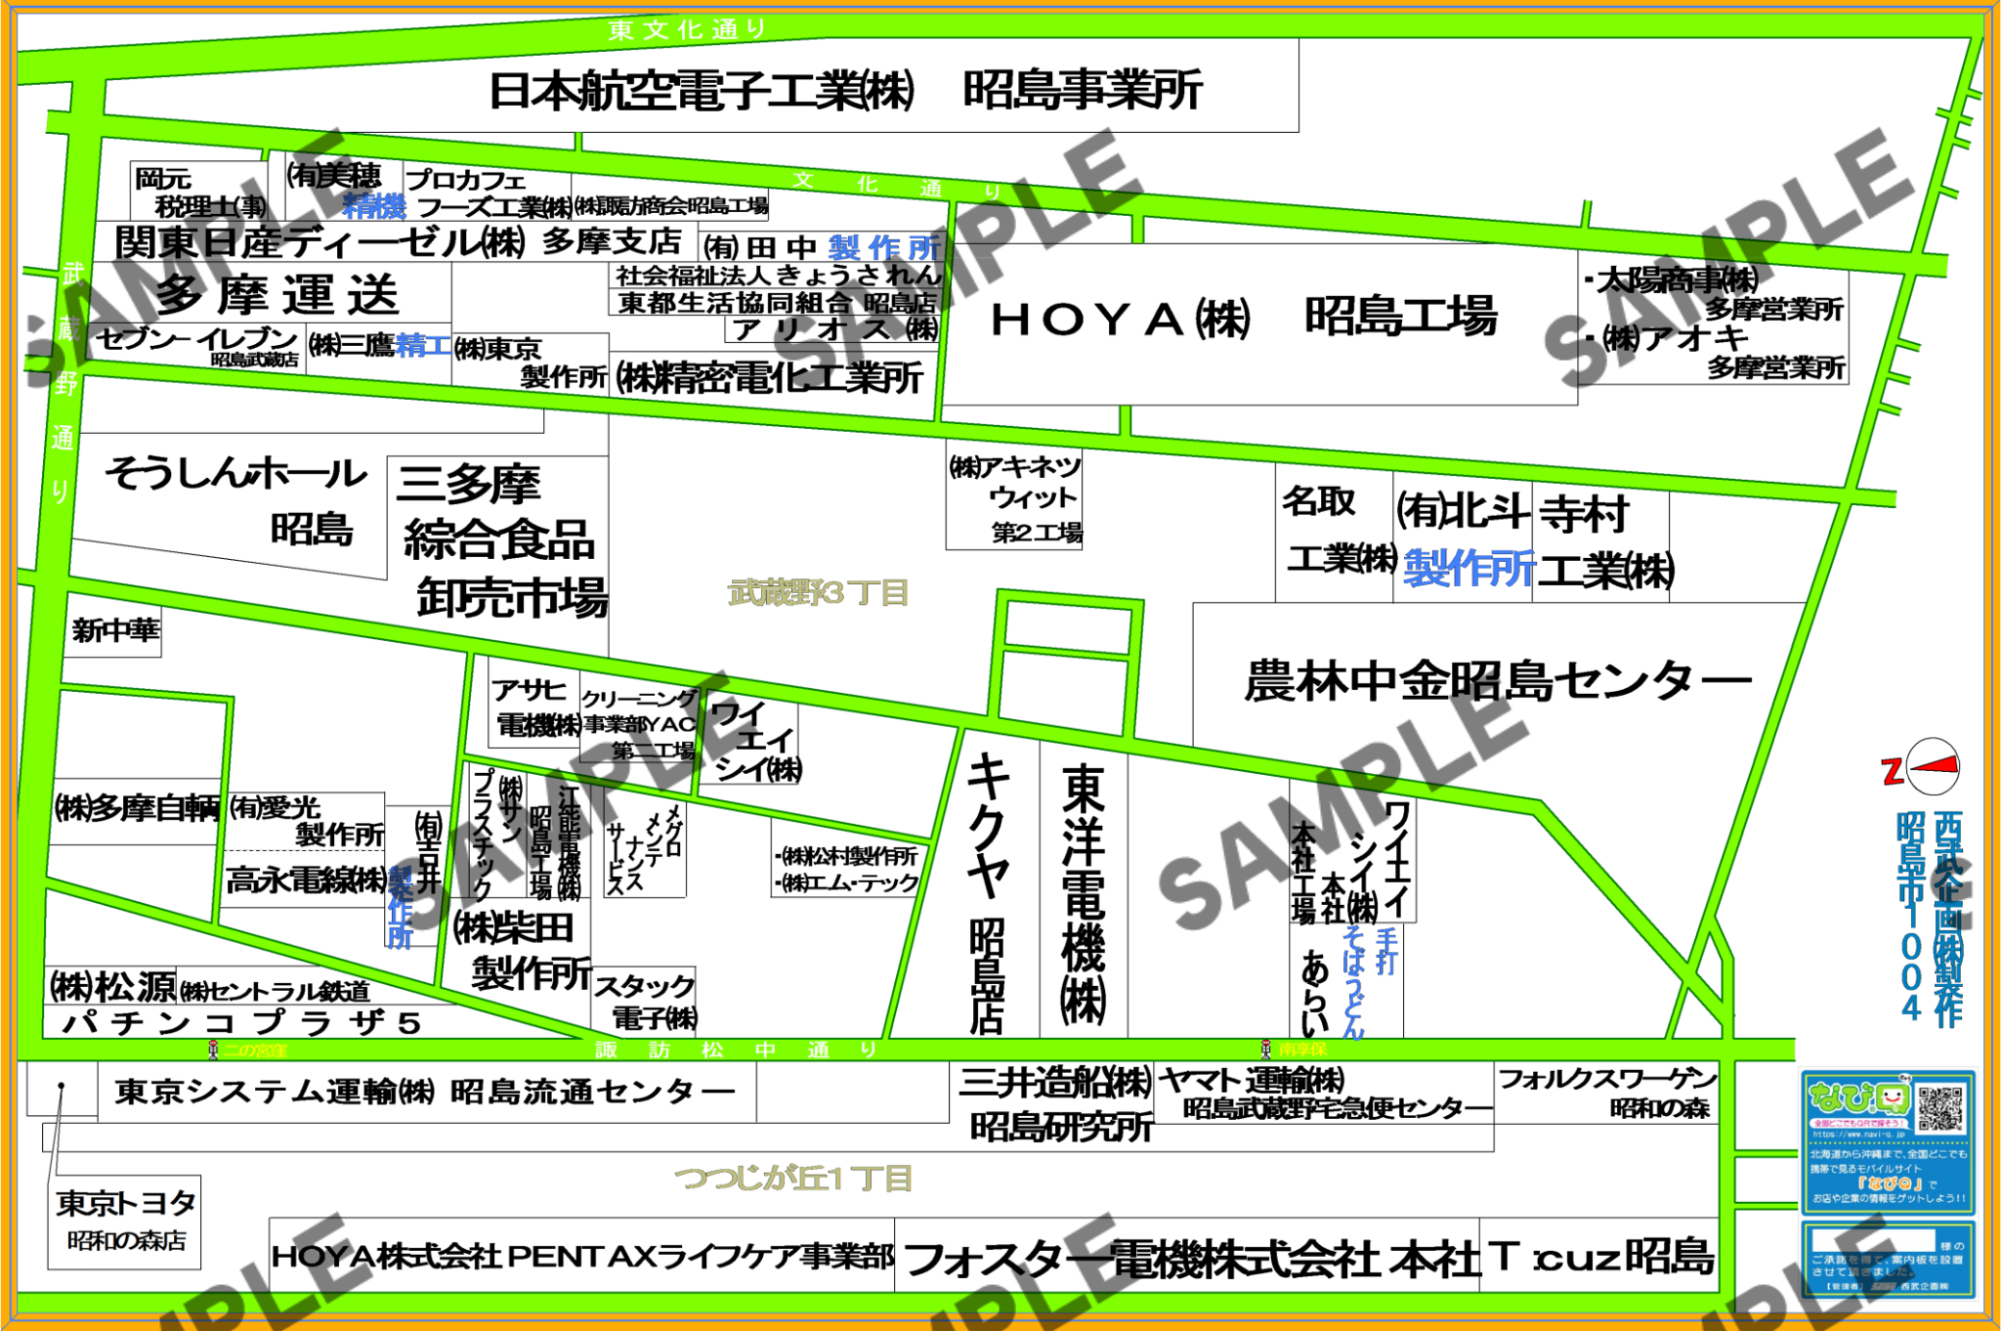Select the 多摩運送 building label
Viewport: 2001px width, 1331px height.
pos(277,293)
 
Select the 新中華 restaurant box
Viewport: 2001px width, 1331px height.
pos(115,630)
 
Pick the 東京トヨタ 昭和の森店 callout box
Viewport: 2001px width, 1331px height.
pos(124,1222)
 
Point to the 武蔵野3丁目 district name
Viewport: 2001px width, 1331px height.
pos(819,592)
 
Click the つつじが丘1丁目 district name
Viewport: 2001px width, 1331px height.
pos(792,1178)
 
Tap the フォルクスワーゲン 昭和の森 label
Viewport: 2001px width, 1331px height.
pos(1607,1093)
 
